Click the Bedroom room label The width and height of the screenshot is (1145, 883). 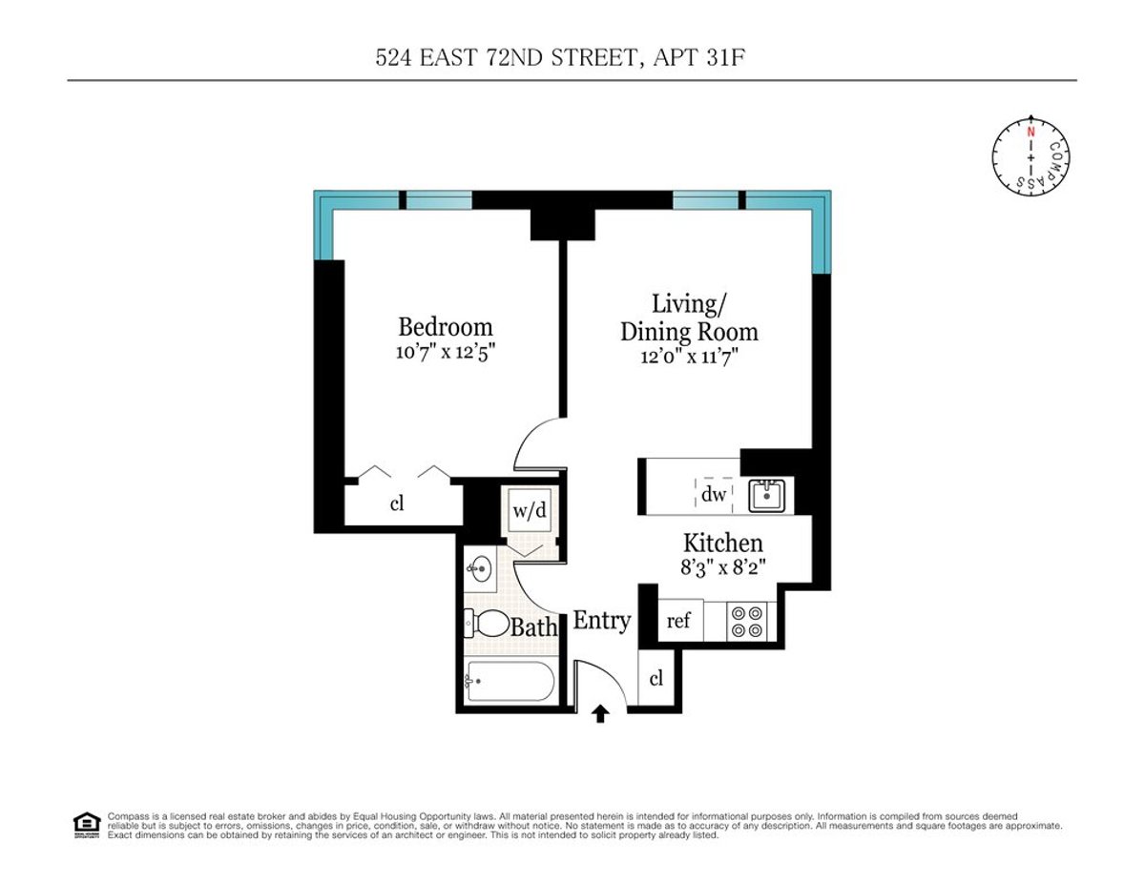click(445, 327)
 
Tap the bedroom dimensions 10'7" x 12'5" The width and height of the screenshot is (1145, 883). click(445, 351)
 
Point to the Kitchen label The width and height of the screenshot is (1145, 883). click(722, 544)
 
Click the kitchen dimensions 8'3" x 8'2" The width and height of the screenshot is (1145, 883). click(722, 566)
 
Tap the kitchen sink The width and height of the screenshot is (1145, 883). click(764, 495)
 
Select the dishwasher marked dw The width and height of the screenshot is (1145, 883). click(714, 494)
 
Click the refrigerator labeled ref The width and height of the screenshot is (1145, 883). click(678, 622)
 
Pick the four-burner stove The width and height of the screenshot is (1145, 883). click(746, 622)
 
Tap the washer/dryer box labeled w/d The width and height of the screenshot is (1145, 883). click(530, 511)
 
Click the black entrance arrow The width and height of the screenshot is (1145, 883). click(600, 714)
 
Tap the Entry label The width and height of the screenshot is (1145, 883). click(601, 621)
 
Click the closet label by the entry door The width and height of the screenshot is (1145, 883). click(656, 679)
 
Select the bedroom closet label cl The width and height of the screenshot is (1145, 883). click(397, 503)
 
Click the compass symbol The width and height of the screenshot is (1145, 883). click(1030, 154)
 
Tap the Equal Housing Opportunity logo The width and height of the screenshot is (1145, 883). click(86, 824)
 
